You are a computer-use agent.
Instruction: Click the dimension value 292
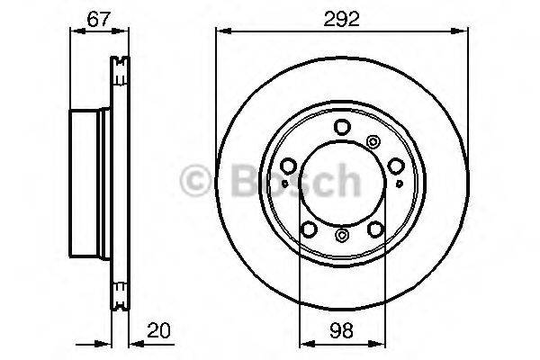coord(341,17)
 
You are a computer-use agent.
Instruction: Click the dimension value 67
coord(100,17)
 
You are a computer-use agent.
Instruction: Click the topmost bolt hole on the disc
coord(341,128)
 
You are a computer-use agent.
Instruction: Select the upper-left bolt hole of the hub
coord(288,166)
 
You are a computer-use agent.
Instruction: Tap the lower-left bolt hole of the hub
coord(308,228)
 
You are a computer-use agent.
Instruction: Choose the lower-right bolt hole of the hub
coord(374,228)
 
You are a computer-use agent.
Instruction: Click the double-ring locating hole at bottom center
coord(341,236)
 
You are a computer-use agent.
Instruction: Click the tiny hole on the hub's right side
coord(400,186)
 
